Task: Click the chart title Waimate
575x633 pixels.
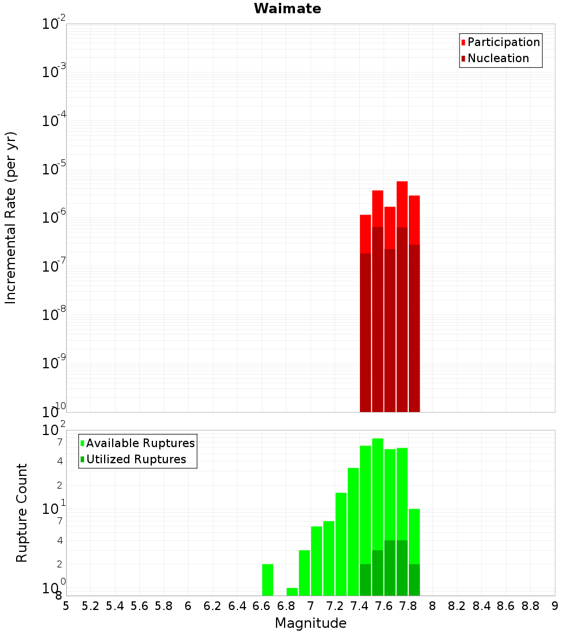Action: (x=287, y=9)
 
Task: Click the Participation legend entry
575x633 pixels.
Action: (x=504, y=42)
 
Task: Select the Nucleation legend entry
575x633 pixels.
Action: (x=498, y=58)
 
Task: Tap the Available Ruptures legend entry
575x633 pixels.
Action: (x=140, y=443)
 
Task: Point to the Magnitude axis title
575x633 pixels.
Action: (x=310, y=623)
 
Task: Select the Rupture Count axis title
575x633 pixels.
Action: (x=22, y=513)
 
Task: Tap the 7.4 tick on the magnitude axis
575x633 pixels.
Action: (x=359, y=606)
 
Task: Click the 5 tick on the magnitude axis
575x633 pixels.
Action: (x=66, y=606)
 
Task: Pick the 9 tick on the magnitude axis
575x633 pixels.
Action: (x=555, y=606)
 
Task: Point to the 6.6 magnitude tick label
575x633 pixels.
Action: (x=262, y=606)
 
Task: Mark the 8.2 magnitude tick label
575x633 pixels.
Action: (x=457, y=606)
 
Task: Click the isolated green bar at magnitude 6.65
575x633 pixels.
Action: (x=267, y=579)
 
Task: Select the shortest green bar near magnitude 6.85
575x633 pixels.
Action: (x=292, y=592)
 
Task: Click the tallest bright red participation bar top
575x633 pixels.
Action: (x=402, y=183)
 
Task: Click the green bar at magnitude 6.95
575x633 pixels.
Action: (x=304, y=573)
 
